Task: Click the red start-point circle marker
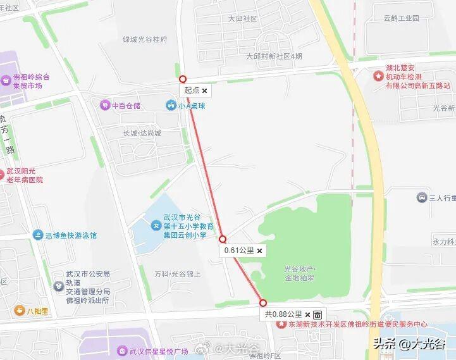[x=183, y=79]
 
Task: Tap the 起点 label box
[x=192, y=90]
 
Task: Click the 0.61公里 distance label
[x=239, y=251]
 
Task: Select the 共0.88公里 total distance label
[x=283, y=314]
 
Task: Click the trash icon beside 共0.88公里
[x=317, y=314]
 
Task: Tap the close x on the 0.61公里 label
[x=259, y=251]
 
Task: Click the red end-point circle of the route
[x=263, y=303]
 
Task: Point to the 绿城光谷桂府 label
[x=145, y=39]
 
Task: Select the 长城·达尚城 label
[x=142, y=133]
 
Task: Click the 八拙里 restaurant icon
[x=20, y=311]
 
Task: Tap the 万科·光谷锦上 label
[x=178, y=274]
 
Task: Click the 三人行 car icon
[x=422, y=198]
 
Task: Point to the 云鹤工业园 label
[x=401, y=18]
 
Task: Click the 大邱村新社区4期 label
[x=274, y=56]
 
